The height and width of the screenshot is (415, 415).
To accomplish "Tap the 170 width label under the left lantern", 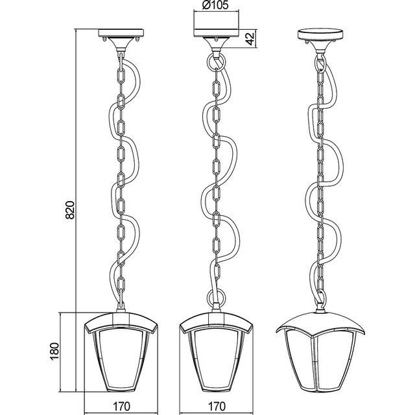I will [x=118, y=406].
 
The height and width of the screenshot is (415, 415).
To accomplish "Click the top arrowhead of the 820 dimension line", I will [x=77, y=31].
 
